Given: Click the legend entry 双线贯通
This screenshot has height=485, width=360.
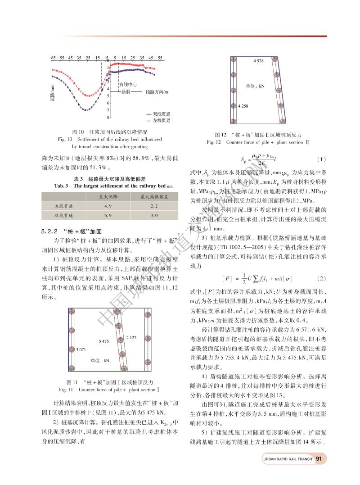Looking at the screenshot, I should click(161, 114).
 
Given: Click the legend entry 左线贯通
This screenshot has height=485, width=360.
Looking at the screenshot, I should click(161, 121).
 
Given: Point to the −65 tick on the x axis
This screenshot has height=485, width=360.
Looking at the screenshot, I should click(52, 58).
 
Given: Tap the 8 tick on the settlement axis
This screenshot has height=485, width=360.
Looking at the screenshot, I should click(108, 118).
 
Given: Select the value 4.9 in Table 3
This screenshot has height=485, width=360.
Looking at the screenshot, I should click(108, 206).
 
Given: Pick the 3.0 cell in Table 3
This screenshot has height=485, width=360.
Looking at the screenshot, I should click(153, 215).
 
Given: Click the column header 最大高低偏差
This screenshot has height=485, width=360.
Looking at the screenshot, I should click(153, 197).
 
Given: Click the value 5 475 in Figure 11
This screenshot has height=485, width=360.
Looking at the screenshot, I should click(104, 342).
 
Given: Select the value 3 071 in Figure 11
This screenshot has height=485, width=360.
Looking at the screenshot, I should click(81, 349).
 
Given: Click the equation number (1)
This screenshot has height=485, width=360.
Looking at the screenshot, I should click(320, 160).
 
